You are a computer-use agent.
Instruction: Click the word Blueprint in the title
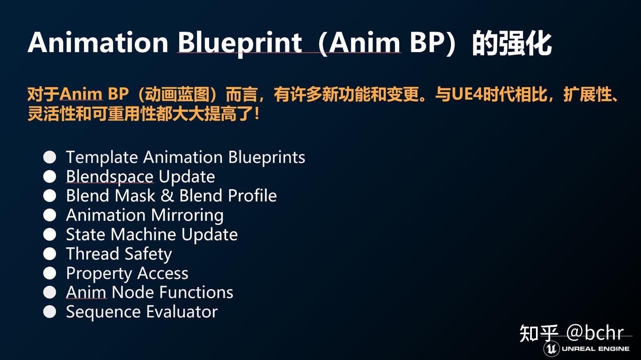[x=240, y=44]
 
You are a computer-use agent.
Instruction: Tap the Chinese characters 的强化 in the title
[x=512, y=44]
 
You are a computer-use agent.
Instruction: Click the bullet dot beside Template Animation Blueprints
[x=50, y=158]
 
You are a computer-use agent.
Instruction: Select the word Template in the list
[x=102, y=158]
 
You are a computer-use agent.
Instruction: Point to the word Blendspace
[x=110, y=177]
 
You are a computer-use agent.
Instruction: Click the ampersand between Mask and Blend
[x=167, y=196]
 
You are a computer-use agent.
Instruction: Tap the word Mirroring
[x=187, y=215]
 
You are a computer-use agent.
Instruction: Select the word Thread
[x=93, y=254]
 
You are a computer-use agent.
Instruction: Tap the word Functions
[x=196, y=292]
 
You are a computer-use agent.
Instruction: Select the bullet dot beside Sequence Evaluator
[x=50, y=311]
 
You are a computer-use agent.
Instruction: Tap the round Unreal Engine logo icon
[x=552, y=349]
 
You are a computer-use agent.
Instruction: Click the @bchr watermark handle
[x=595, y=333]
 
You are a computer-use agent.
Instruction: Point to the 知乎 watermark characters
[x=539, y=333]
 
